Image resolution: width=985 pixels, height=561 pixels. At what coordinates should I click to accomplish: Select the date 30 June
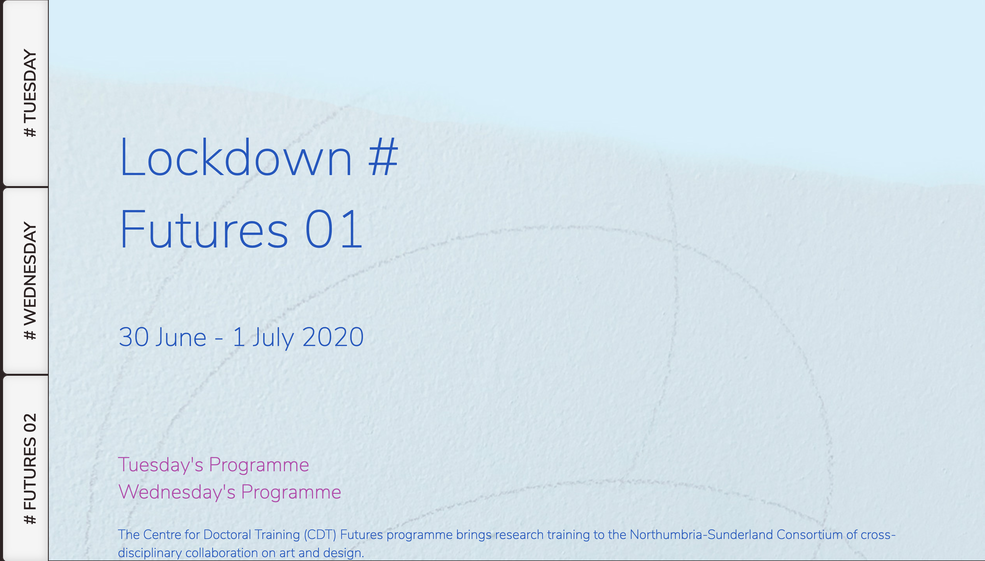tap(162, 337)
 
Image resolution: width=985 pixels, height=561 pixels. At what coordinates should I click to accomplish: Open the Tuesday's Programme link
tap(213, 465)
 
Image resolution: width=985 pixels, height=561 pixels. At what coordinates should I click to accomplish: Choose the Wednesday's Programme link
tap(230, 492)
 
